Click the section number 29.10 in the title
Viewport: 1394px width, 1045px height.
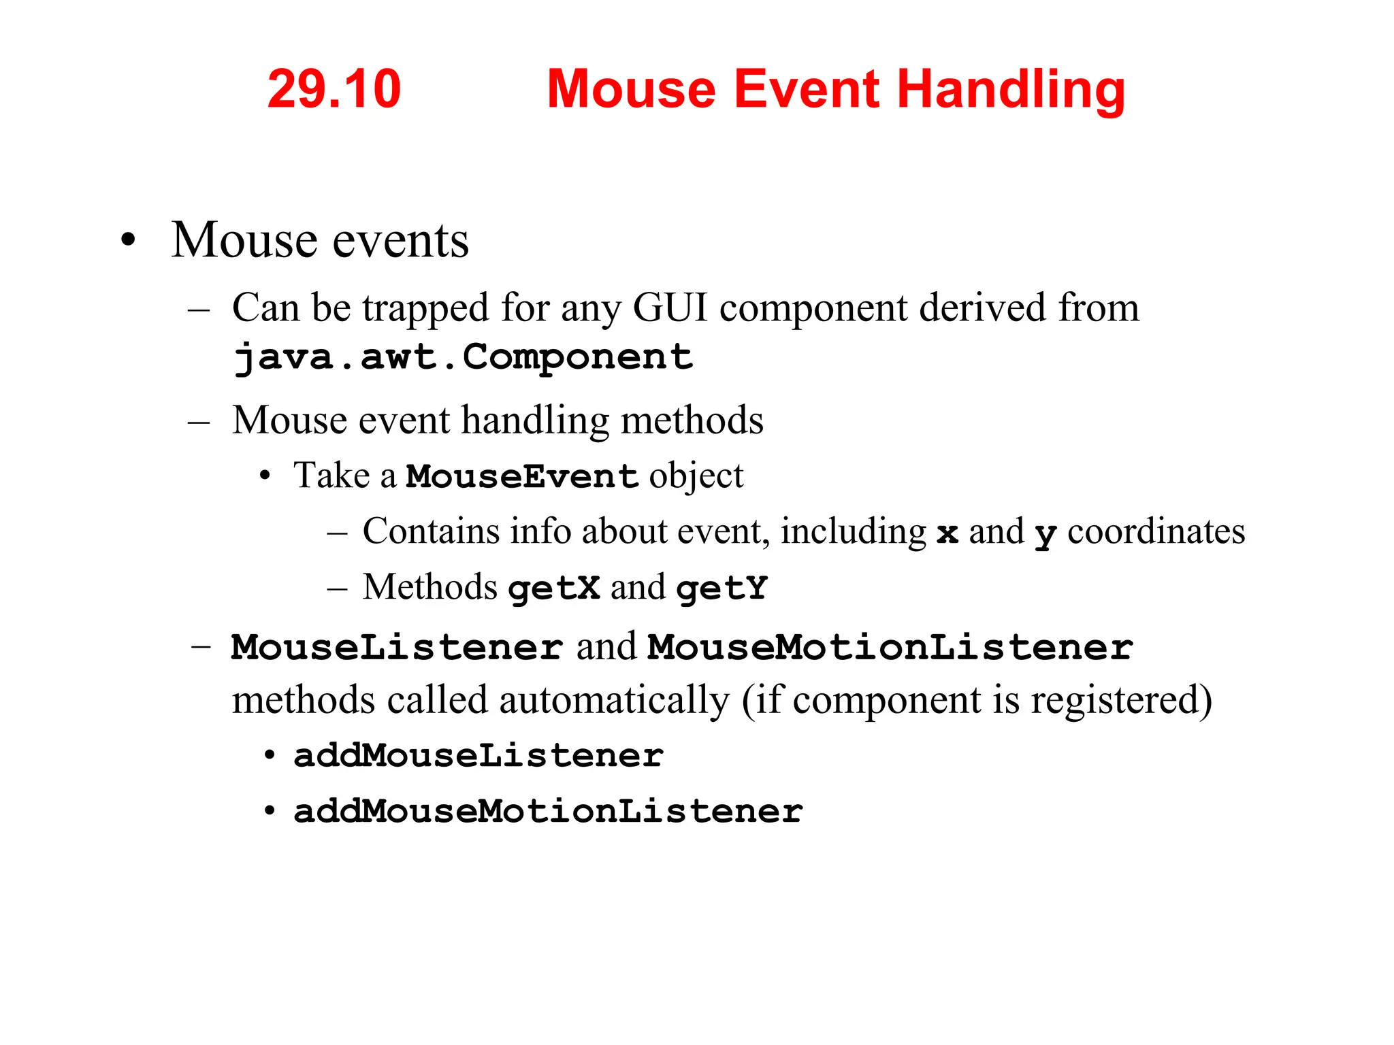(334, 89)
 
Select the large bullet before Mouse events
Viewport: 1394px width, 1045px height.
(128, 242)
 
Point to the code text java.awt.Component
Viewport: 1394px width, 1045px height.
(462, 357)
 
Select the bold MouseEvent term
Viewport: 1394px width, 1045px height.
(522, 476)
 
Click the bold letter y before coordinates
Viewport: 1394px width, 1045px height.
(1045, 535)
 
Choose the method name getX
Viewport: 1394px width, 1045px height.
(554, 588)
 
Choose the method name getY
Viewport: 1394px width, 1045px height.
(722, 588)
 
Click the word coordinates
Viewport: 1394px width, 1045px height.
(1156, 531)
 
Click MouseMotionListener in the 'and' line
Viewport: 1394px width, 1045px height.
(890, 647)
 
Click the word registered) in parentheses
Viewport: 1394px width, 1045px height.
(1121, 701)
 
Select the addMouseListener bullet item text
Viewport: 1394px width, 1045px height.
(479, 756)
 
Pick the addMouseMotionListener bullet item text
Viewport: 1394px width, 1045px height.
(548, 812)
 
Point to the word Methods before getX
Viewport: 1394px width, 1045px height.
(429, 587)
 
